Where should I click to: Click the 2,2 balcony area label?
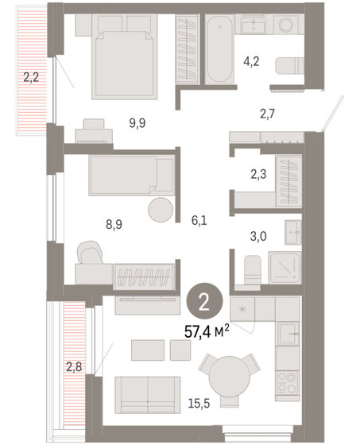pyautogui.click(x=29, y=78)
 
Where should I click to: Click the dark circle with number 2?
pyautogui.click(x=204, y=301)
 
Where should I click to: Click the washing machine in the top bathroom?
pyautogui.click(x=284, y=25)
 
